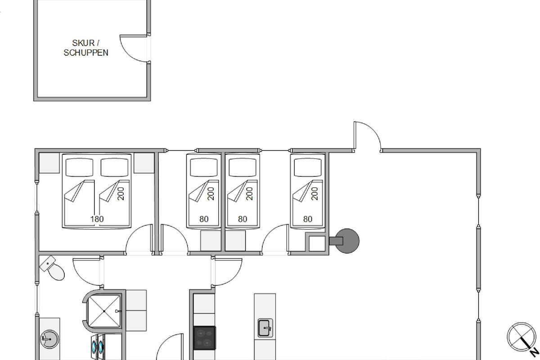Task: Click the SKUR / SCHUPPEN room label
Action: (x=86, y=48)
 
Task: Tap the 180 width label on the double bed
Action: (x=97, y=219)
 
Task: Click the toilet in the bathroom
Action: (x=52, y=268)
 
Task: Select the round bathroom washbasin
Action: (x=49, y=339)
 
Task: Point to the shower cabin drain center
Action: (x=104, y=311)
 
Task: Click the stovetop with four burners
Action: (x=204, y=338)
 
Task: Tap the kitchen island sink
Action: (x=265, y=328)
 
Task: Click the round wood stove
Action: (x=346, y=241)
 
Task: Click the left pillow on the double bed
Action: (x=79, y=167)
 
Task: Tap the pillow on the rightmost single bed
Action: (x=308, y=167)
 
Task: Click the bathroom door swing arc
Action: (x=81, y=277)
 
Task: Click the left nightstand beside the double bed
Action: (x=49, y=163)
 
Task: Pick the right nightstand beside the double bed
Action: (x=144, y=163)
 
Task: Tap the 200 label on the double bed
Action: (x=121, y=193)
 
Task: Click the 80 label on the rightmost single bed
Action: (x=308, y=219)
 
